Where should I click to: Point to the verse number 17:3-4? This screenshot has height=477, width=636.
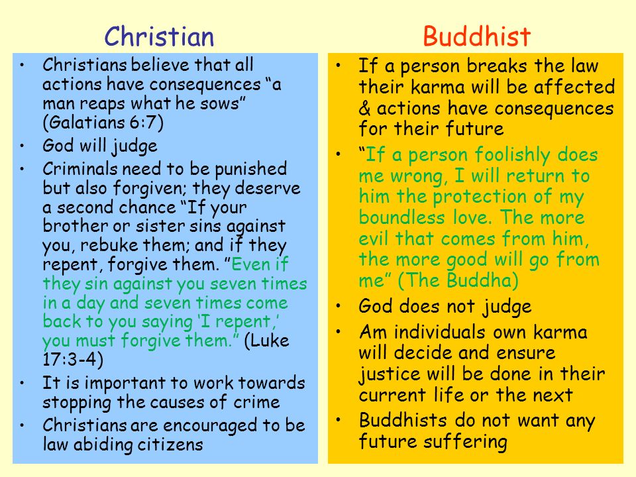[72, 360]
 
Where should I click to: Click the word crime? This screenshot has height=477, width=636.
[258, 402]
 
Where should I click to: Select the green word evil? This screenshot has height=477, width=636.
[378, 238]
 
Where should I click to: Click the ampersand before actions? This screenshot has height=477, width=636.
[365, 107]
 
